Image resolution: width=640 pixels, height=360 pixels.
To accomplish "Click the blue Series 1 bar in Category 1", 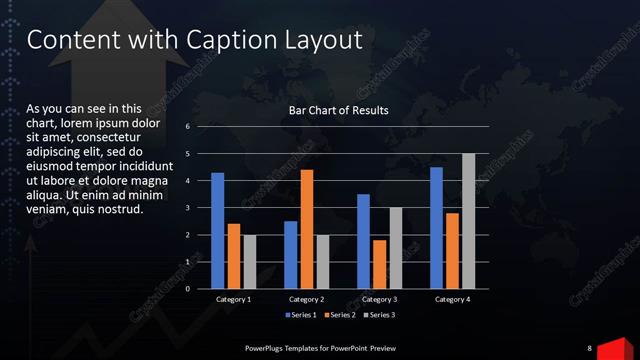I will click(x=217, y=231).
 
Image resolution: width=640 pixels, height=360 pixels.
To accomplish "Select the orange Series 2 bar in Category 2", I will click(x=306, y=229).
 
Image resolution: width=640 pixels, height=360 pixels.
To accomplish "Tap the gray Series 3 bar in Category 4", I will click(x=468, y=221).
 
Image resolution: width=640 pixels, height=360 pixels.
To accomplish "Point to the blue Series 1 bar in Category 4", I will click(x=436, y=228).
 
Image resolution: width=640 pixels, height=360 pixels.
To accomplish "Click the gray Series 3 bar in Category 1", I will click(x=250, y=262).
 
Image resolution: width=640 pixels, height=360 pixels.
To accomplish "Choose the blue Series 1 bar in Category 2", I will click(x=290, y=255).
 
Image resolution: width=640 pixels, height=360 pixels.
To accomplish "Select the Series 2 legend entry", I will click(x=342, y=316).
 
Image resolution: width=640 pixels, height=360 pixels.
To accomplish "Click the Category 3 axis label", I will click(x=379, y=300).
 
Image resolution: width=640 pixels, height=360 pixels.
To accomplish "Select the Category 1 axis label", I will click(x=234, y=300).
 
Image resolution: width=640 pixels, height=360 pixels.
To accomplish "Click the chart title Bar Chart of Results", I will click(x=338, y=110).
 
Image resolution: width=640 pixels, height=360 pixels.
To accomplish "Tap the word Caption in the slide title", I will click(x=231, y=40).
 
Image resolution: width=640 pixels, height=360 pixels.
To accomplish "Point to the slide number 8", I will click(x=589, y=348).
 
